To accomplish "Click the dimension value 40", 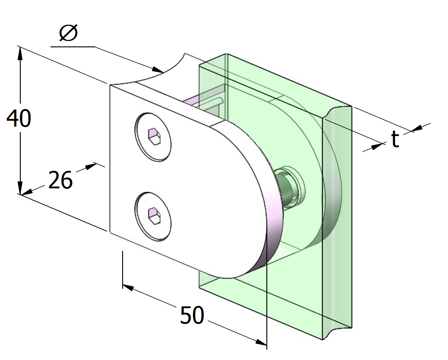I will point(18,119).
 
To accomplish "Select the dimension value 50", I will point(192,315).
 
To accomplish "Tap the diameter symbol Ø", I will point(69,34).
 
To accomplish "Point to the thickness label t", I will point(395,140).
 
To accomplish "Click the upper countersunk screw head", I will point(154,137).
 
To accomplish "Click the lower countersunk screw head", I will point(154,215).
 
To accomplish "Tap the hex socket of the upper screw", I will point(154,137).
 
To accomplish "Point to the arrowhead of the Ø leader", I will point(157,70).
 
